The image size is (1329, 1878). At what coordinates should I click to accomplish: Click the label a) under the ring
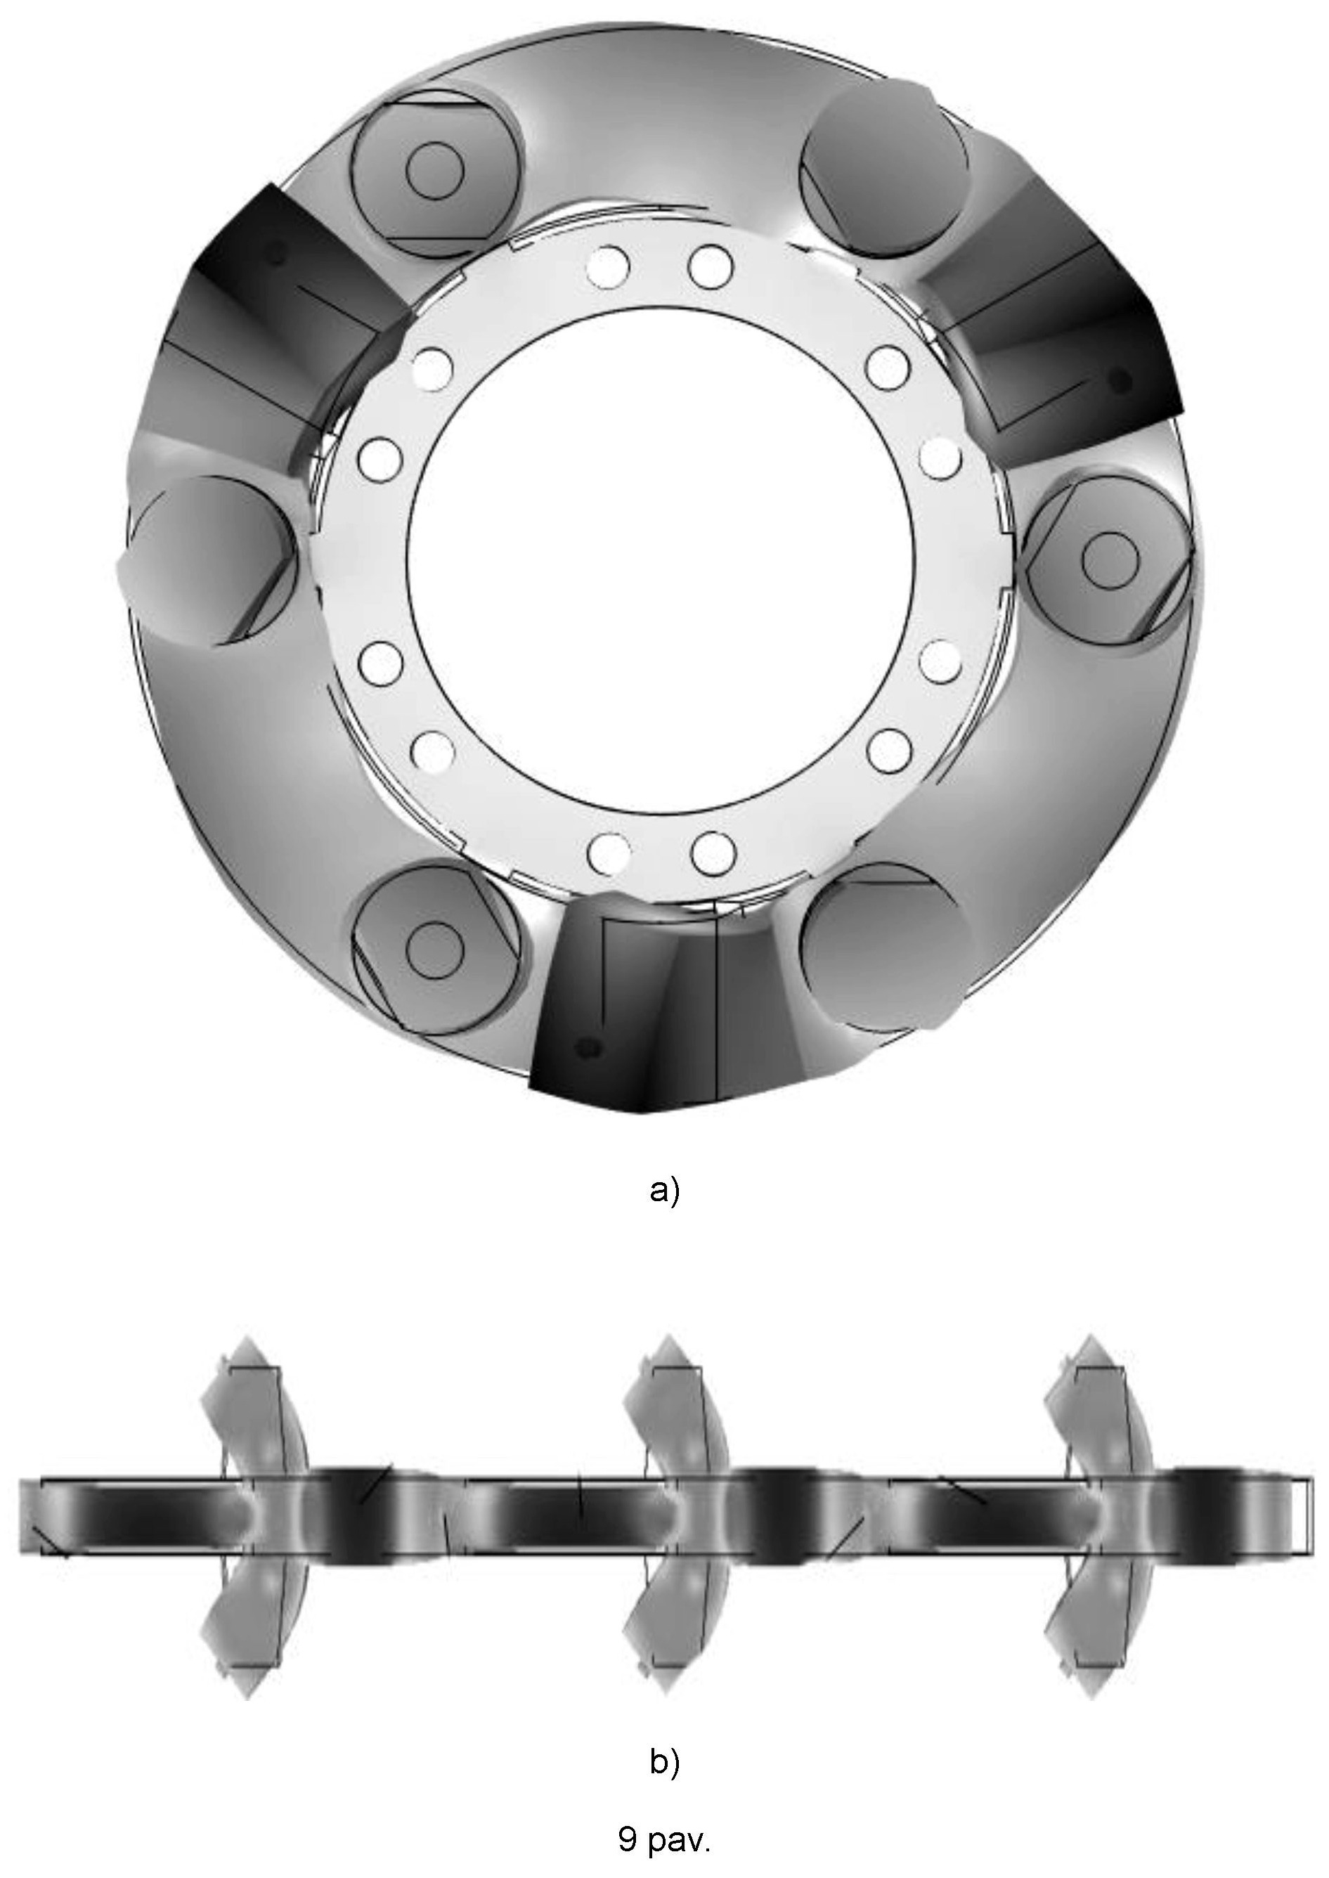click(663, 1191)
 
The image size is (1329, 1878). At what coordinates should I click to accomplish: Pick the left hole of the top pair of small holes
click(609, 265)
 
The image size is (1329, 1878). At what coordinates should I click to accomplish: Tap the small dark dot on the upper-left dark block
click(278, 254)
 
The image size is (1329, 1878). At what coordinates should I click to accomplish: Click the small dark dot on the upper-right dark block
click(1120, 379)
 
